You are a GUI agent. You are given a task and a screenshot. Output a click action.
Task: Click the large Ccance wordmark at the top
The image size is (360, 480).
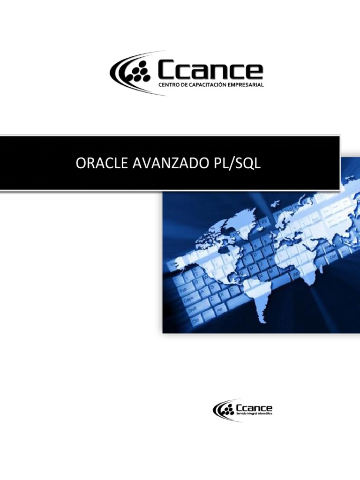[x=210, y=71]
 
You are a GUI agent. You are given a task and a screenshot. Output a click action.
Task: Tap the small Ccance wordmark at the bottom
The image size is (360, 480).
[x=255, y=408]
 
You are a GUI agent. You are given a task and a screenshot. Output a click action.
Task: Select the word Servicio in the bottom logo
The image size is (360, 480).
[x=244, y=414]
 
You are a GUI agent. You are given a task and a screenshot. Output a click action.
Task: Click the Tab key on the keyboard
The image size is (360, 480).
[x=186, y=291]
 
